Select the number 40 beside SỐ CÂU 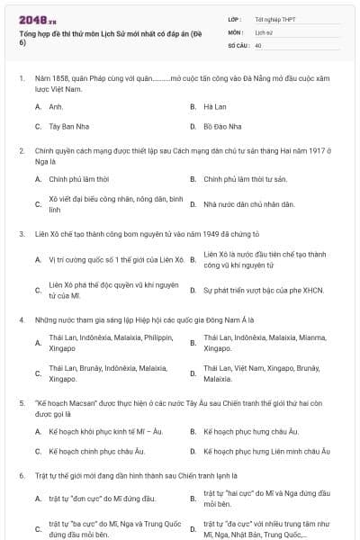point(258,44)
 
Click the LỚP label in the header point(236,18)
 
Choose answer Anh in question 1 point(55,106)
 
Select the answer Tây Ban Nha point(69,126)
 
